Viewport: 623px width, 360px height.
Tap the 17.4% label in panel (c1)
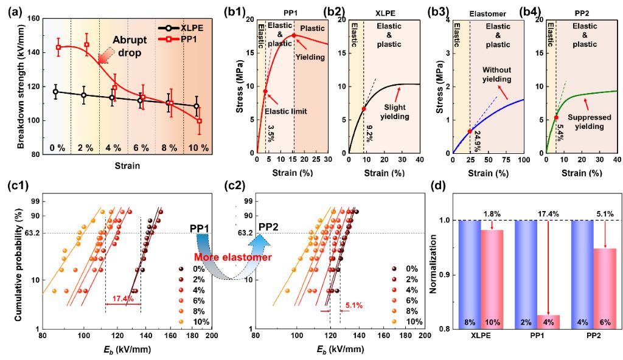(122, 299)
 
